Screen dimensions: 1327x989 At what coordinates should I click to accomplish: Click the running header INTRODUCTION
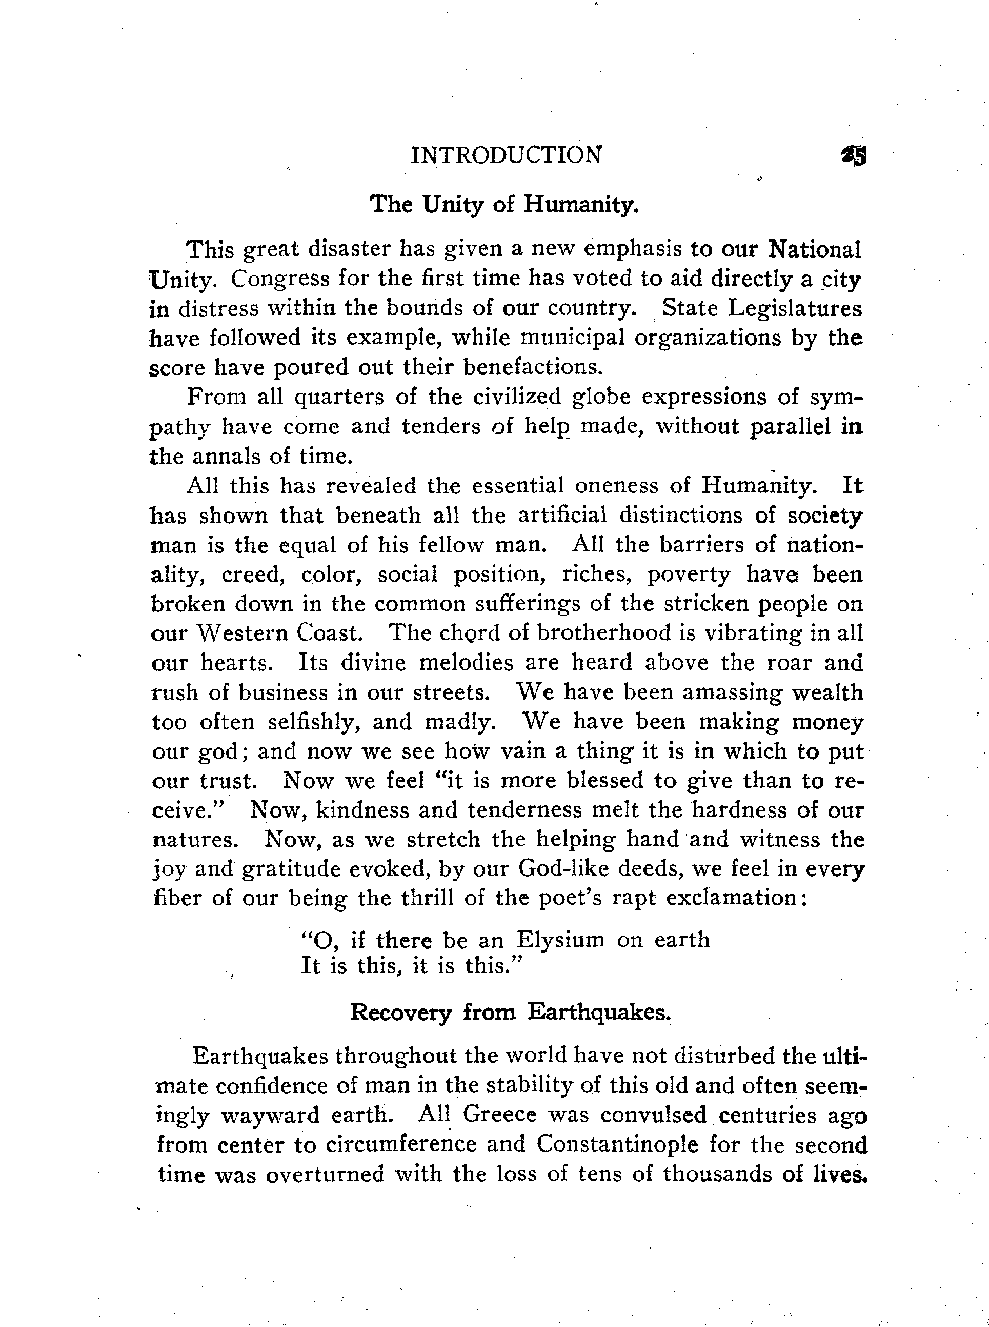(x=506, y=155)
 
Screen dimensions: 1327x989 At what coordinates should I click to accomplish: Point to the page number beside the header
(x=854, y=156)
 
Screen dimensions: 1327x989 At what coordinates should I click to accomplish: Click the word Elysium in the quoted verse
(x=560, y=940)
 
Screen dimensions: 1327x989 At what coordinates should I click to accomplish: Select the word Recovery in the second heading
(x=400, y=1013)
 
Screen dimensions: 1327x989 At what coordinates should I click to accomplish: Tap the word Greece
(x=500, y=1115)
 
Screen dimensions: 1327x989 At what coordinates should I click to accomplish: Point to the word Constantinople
(x=617, y=1144)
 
